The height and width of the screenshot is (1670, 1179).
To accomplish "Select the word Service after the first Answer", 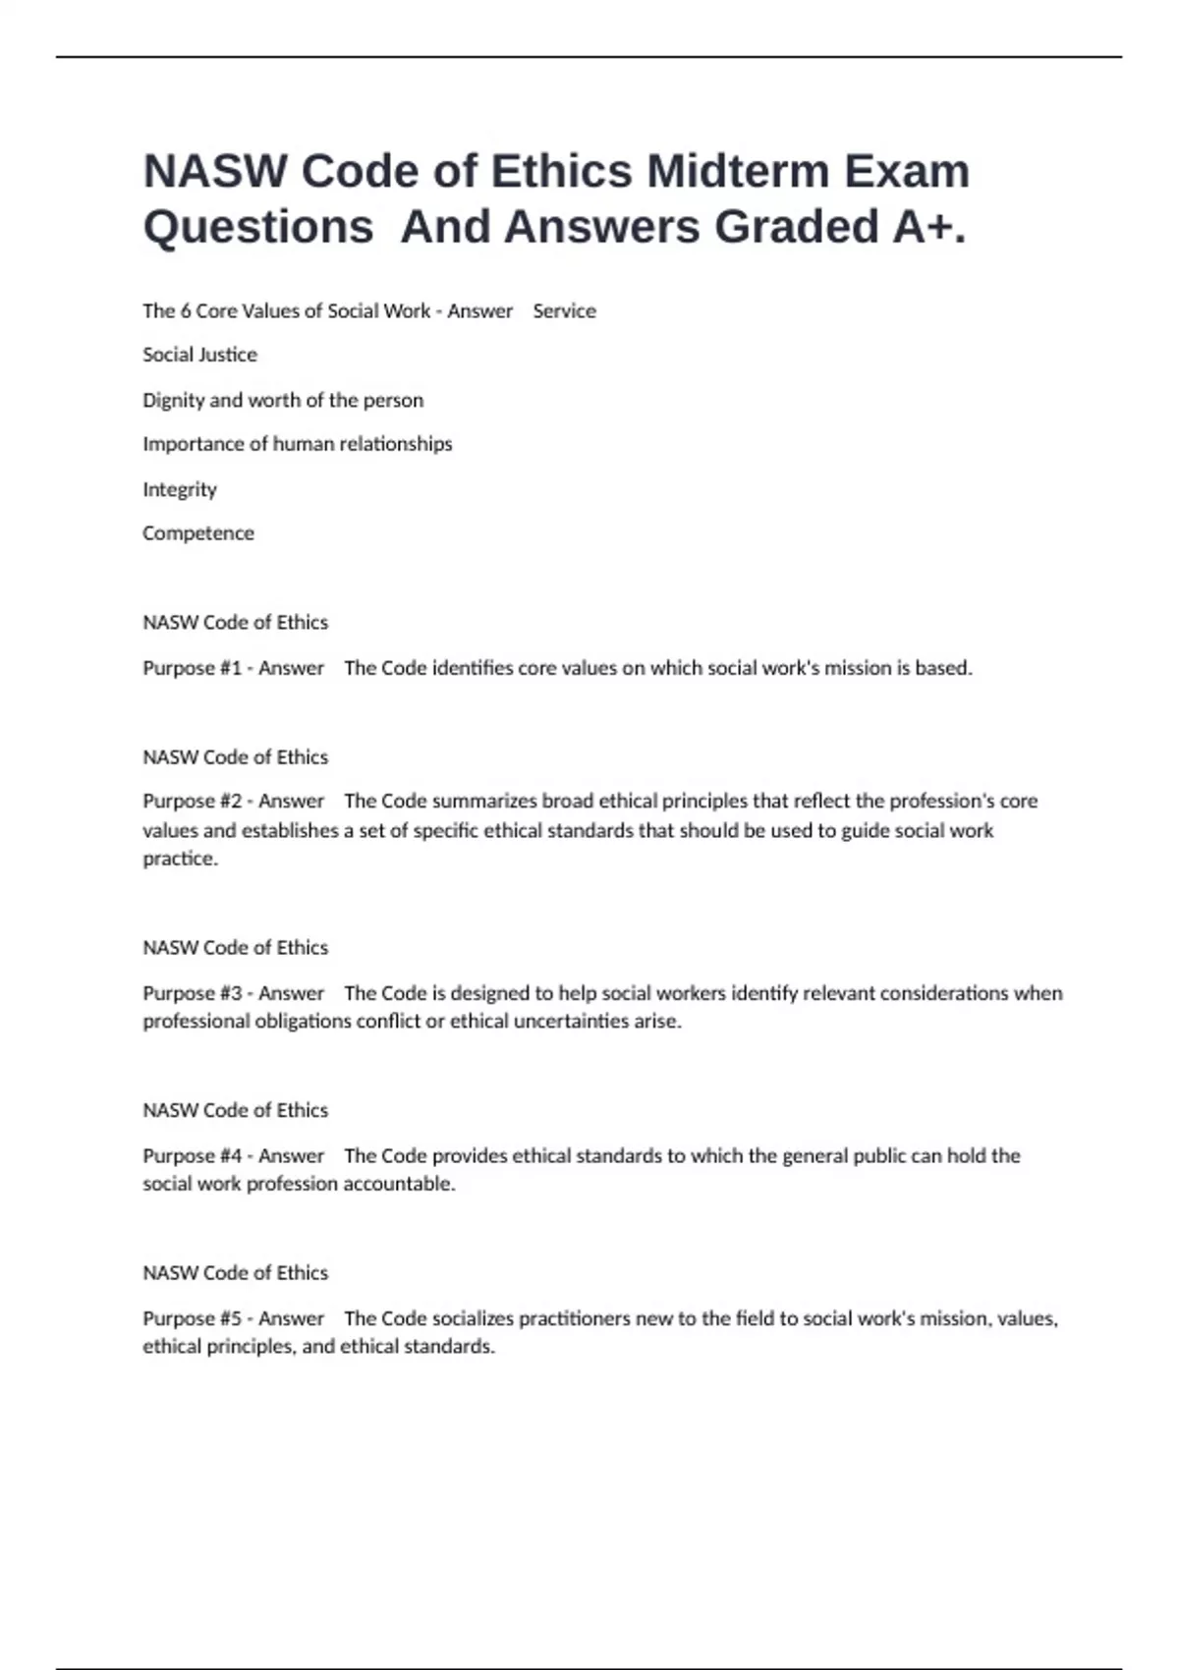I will tap(564, 311).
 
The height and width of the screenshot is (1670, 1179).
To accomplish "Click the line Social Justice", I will tap(199, 355).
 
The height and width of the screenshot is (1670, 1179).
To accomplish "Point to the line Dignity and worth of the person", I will tap(283, 400).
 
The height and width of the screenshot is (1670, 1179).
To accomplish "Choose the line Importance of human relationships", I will tap(297, 444).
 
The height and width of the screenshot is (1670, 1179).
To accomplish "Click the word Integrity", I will tap(179, 489).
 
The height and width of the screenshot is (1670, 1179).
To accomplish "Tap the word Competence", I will tap(197, 533).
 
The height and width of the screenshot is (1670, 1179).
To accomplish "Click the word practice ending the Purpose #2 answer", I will tap(179, 859).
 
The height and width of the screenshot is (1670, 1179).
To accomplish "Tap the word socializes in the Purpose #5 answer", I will tap(473, 1318).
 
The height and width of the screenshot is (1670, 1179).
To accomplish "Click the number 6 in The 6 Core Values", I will tap(185, 311).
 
